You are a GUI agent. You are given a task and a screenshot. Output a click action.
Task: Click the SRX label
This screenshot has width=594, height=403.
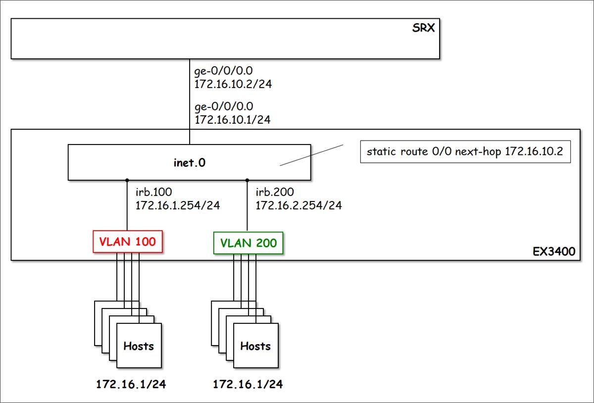tap(423, 28)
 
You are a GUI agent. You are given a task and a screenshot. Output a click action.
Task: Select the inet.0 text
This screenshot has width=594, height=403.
tap(189, 162)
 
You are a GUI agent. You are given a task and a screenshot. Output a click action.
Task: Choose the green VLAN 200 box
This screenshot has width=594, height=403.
tap(248, 243)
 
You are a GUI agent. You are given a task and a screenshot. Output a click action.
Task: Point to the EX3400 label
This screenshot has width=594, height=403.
tap(553, 252)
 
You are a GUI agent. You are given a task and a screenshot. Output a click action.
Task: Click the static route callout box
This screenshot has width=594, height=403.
tap(465, 151)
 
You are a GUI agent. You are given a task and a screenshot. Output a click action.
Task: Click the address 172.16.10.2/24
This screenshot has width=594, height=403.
tap(233, 84)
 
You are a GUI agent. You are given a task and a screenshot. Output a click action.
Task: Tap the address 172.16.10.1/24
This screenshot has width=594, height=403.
tap(233, 119)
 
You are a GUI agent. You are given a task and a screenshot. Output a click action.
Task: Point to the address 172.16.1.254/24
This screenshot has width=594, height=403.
tap(177, 205)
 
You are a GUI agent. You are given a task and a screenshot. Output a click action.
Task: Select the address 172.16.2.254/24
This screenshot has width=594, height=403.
tap(298, 205)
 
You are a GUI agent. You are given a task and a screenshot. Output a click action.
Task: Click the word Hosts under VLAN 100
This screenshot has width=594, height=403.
tap(139, 346)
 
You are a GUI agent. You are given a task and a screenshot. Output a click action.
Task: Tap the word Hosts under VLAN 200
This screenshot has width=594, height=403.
tap(255, 346)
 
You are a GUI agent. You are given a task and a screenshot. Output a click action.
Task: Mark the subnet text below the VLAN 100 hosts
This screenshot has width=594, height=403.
tap(131, 384)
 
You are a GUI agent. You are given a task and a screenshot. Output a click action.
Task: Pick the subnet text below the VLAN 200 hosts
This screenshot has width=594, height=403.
tap(248, 384)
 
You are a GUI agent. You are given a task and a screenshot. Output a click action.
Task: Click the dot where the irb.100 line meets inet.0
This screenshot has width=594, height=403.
tap(127, 180)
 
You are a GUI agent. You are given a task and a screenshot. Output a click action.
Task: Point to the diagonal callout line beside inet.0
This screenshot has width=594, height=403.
tap(312, 155)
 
